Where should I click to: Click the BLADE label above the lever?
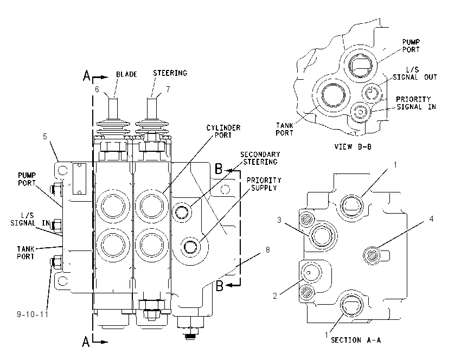point(126,74)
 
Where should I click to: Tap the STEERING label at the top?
point(170,73)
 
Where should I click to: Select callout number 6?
point(97,89)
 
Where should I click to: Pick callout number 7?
point(168,89)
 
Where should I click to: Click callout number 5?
point(45,137)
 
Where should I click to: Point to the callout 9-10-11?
point(33,314)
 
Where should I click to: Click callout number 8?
point(267,249)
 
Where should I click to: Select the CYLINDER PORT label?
point(223,131)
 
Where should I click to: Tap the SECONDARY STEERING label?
point(260,158)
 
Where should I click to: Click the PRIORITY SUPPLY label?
point(264,184)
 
